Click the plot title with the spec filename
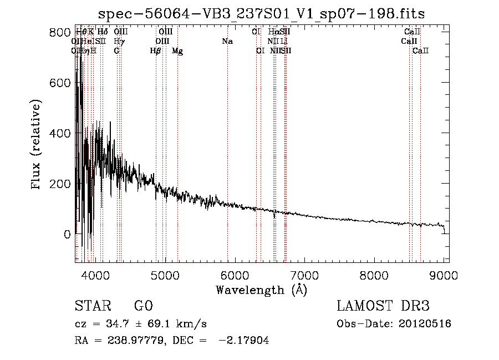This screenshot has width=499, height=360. [x=261, y=14]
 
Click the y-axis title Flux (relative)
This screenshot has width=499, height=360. [x=37, y=145]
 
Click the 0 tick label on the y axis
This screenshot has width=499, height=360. [x=67, y=234]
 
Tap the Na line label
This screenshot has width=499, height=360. [x=227, y=42]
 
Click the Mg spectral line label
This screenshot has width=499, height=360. [x=177, y=51]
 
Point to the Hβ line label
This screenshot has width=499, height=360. [x=156, y=51]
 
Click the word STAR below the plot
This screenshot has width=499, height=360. [x=93, y=306]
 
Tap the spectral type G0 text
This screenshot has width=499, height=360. [x=143, y=306]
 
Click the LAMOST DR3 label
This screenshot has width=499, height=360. [x=383, y=306]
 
